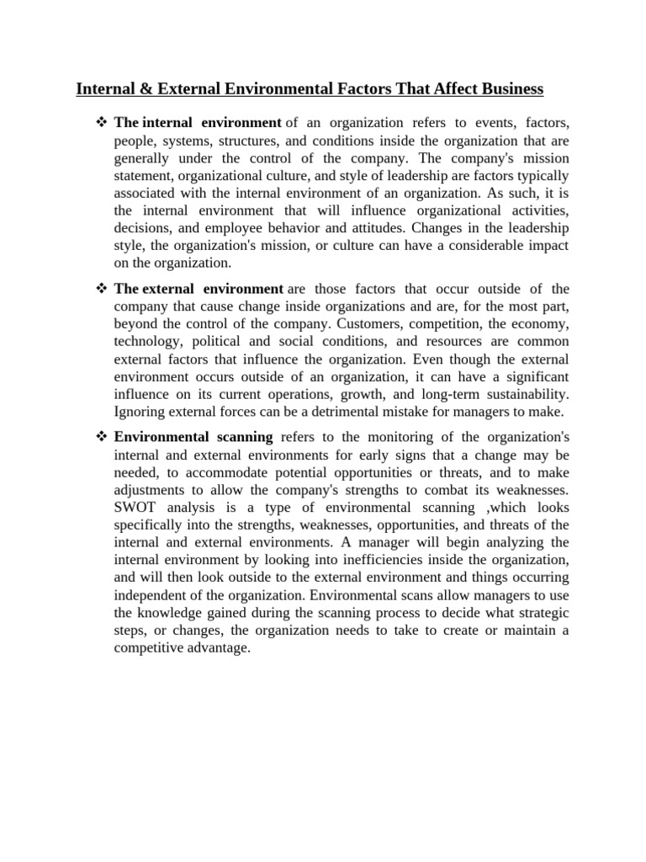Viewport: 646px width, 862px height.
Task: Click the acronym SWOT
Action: (x=135, y=508)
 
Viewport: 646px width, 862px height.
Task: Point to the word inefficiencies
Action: (x=368, y=560)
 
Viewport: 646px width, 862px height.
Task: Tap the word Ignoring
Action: (x=140, y=412)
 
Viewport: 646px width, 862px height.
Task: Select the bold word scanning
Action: (x=241, y=437)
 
